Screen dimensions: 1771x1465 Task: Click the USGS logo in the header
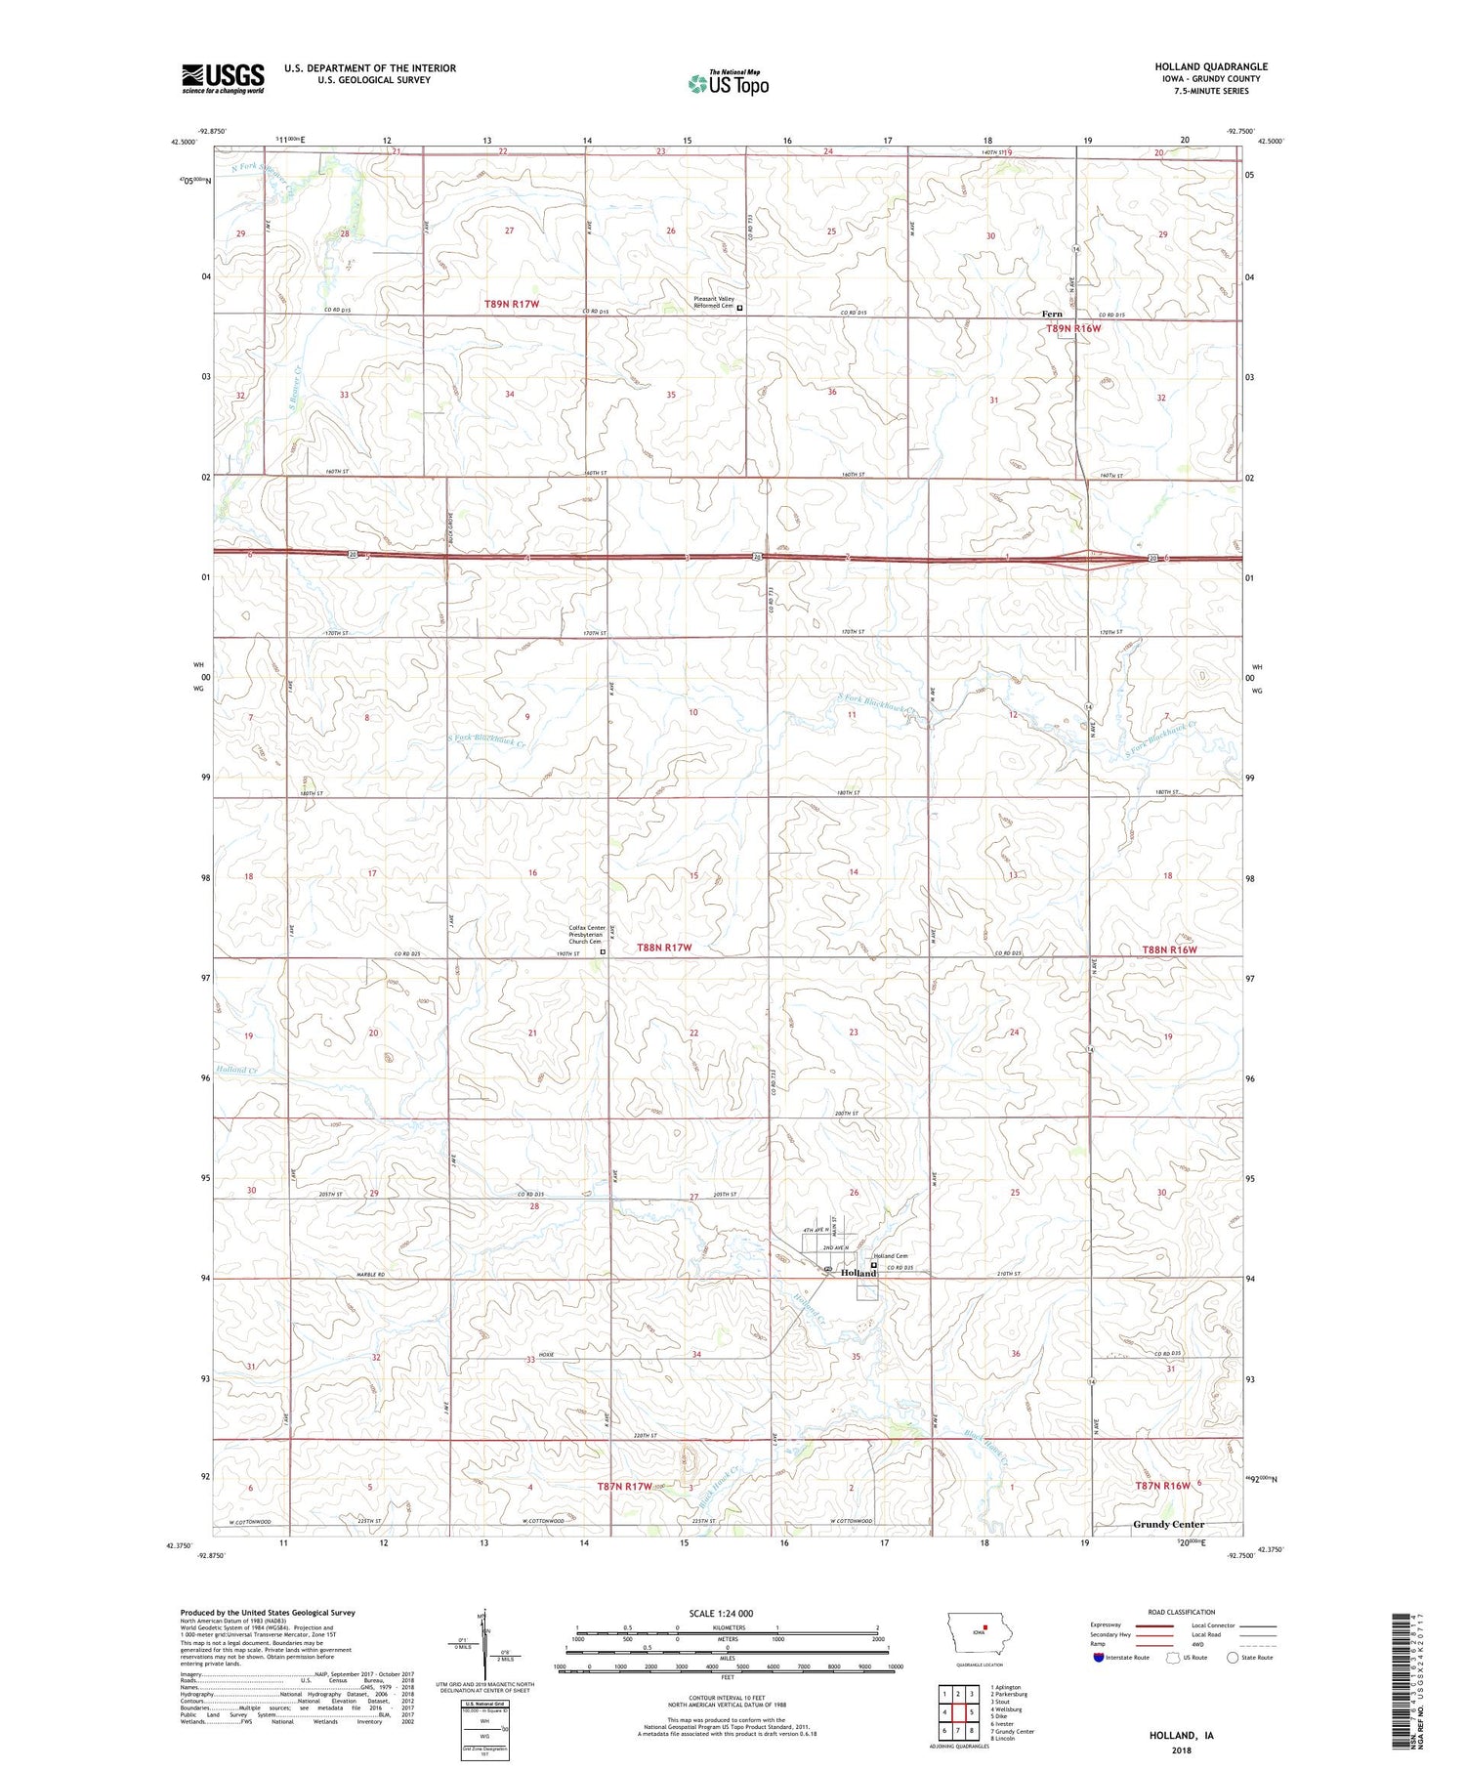tap(223, 78)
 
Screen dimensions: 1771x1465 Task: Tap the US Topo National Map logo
tap(729, 83)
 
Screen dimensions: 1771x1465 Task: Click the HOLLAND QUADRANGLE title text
tap(1210, 66)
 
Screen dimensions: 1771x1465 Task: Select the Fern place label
tap(1052, 314)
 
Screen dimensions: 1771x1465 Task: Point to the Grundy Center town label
tap(1168, 1524)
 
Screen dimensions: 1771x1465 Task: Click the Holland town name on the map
tap(858, 1273)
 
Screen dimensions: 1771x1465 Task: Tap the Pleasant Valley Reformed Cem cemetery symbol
tap(739, 307)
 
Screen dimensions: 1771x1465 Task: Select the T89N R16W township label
tap(1073, 328)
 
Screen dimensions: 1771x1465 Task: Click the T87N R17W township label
tap(624, 1486)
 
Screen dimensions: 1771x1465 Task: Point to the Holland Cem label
tap(890, 1256)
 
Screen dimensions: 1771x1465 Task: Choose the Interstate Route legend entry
tap(1121, 1658)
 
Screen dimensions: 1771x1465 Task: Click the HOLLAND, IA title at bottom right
tap(1181, 1735)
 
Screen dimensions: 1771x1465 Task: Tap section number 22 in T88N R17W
tap(693, 1033)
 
